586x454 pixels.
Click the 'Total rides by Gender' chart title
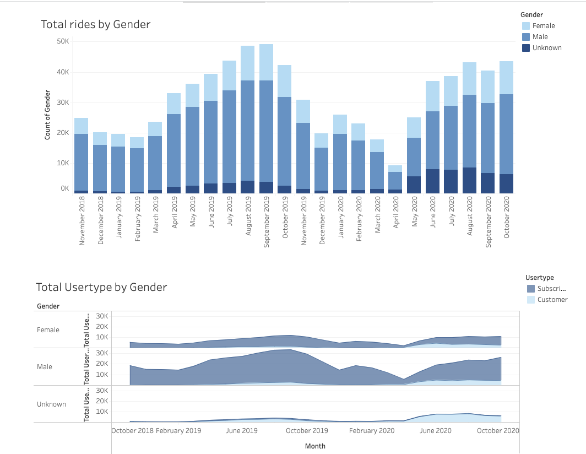(95, 24)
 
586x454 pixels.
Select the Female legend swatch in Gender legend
(526, 26)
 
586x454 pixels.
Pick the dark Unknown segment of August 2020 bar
(469, 180)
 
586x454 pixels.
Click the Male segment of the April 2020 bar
(395, 180)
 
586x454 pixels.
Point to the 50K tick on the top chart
(62, 41)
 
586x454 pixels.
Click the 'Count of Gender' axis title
(47, 115)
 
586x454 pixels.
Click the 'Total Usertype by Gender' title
(101, 287)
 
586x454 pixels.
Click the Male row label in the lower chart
(45, 367)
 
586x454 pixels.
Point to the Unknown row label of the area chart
(51, 404)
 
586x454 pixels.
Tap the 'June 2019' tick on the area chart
(242, 431)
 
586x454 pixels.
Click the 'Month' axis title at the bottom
(315, 446)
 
